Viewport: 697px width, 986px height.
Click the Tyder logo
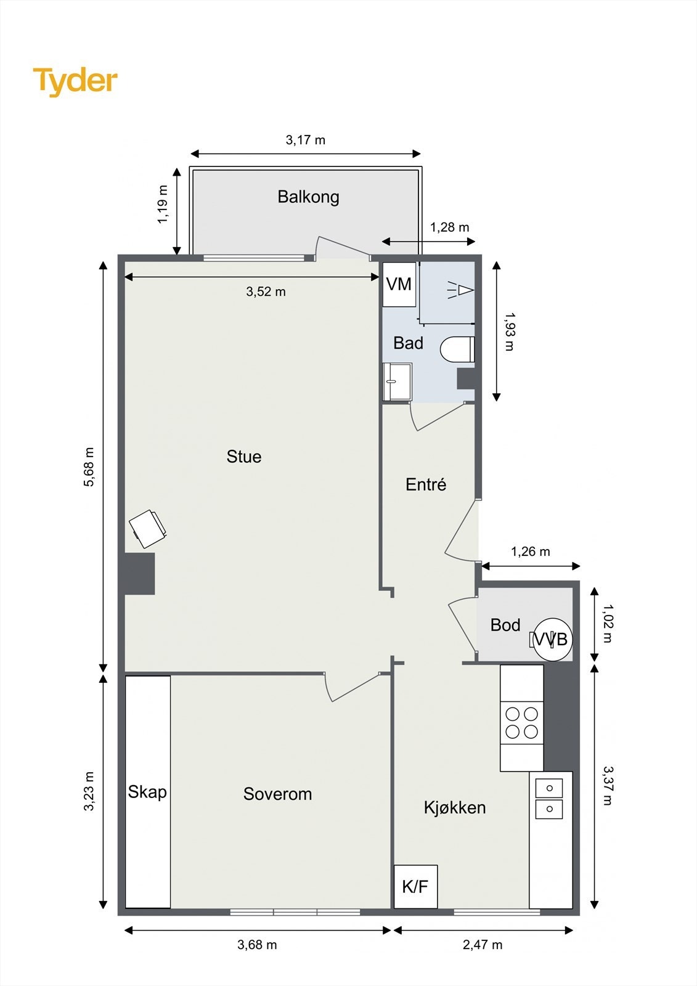click(x=75, y=81)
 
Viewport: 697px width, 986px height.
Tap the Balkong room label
click(x=308, y=197)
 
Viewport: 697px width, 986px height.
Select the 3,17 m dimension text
click(x=305, y=140)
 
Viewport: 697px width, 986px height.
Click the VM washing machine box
click(x=399, y=284)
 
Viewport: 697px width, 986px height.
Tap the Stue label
click(x=244, y=457)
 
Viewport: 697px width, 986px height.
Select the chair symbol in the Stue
click(x=148, y=529)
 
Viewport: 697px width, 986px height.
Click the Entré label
click(x=426, y=484)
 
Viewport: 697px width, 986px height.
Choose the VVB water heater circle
click(x=552, y=640)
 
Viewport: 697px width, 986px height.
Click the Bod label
click(x=505, y=625)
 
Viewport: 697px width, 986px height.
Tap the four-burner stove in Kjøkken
click(x=521, y=723)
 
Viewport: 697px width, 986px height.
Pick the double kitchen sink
click(x=548, y=799)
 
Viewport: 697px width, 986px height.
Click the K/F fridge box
click(x=415, y=887)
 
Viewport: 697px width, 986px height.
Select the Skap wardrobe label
click(x=147, y=792)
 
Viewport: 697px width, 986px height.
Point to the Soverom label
click(x=277, y=794)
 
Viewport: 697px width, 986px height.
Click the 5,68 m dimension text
click(x=89, y=467)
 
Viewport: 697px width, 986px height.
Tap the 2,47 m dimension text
click(x=483, y=945)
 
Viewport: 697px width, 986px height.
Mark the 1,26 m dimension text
click(x=530, y=552)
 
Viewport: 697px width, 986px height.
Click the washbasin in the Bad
click(x=397, y=381)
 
